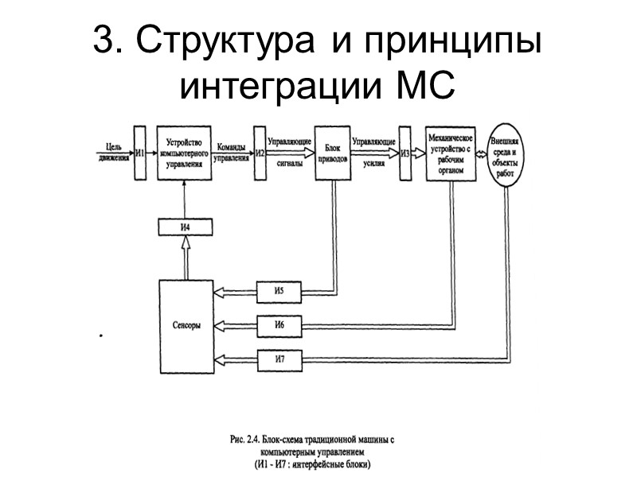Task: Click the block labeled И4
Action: click(x=184, y=227)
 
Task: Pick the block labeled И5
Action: click(x=279, y=292)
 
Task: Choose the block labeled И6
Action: click(x=279, y=325)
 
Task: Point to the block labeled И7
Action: click(x=279, y=359)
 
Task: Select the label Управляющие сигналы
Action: click(x=289, y=151)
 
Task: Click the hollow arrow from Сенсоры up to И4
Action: click(x=185, y=258)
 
